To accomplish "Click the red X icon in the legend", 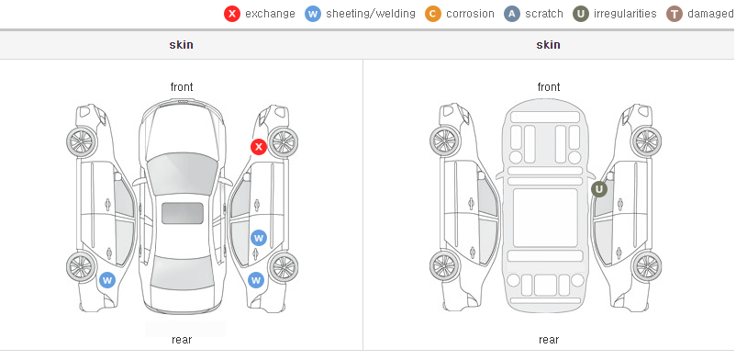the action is tap(232, 14).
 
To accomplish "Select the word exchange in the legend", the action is tap(270, 14).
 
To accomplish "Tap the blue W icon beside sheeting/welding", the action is tap(313, 14).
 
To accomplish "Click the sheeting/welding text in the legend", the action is tap(371, 14).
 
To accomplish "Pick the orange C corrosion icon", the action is tap(433, 14).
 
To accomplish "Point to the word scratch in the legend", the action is tap(544, 14).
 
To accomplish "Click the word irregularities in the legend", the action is tap(625, 14).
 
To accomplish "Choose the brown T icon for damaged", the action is tap(675, 14).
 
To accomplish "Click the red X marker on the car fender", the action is tap(259, 147).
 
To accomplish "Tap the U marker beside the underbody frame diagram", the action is tap(599, 189).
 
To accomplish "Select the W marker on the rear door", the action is tap(259, 238).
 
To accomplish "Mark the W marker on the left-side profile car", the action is tap(107, 281).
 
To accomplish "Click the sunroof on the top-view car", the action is tap(183, 213).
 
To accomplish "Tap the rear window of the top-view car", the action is tap(182, 275).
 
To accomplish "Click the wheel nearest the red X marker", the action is tap(283, 142).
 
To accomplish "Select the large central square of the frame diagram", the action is tap(545, 218).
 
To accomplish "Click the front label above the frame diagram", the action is tap(549, 87).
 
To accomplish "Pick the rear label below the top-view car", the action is tap(182, 340).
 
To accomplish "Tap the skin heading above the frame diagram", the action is tap(548, 45).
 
